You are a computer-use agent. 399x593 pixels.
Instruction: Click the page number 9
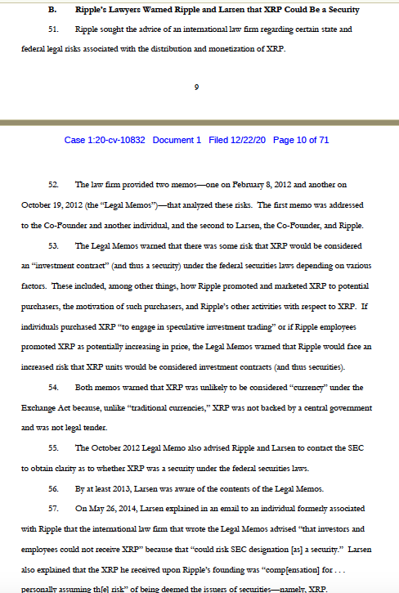(x=199, y=88)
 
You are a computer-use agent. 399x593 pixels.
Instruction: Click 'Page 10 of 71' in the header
(x=301, y=140)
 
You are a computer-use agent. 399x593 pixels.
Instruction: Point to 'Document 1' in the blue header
(x=176, y=140)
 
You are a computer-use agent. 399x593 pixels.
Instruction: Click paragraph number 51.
(x=54, y=29)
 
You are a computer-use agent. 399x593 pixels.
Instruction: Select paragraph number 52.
(x=54, y=185)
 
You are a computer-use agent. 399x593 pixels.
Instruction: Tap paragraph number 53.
(x=54, y=245)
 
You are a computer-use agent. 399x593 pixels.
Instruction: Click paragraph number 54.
(x=54, y=387)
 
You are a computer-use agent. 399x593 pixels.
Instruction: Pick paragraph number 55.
(x=54, y=447)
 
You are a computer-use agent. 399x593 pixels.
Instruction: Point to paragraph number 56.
(x=54, y=488)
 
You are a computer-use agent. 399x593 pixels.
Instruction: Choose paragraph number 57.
(x=54, y=508)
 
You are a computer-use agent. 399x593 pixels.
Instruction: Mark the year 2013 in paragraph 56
(x=122, y=488)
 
